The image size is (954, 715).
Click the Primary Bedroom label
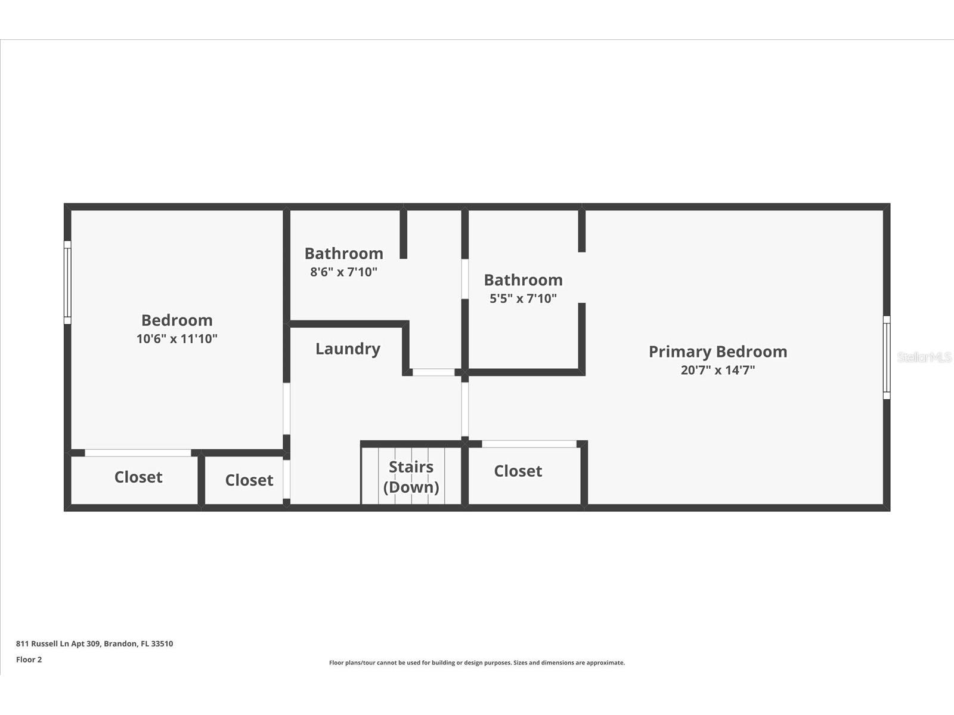tap(718, 352)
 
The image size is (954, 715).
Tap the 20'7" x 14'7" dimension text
tap(718, 370)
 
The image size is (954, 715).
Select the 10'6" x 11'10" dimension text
tap(176, 339)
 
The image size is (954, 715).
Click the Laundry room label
tap(348, 349)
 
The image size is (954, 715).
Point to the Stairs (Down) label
tap(411, 477)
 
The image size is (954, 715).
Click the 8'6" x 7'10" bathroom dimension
tap(343, 272)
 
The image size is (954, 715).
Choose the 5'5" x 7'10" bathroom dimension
tap(523, 299)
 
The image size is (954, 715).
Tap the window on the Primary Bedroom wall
tap(886, 357)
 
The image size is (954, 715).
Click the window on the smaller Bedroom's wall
tap(67, 282)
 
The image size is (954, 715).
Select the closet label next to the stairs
tap(518, 471)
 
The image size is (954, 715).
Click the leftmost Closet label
tap(138, 477)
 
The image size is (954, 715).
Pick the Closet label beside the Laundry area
tap(249, 480)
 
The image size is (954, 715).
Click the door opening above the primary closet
tap(529, 444)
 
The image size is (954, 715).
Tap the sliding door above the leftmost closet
tap(138, 453)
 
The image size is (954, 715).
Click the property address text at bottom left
tap(94, 643)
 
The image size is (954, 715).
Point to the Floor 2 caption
tap(29, 660)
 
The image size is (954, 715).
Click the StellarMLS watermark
tap(924, 357)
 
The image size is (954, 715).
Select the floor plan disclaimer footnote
tap(477, 663)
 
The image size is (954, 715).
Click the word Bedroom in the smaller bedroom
tap(176, 321)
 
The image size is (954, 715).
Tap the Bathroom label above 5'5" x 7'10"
tap(523, 280)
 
